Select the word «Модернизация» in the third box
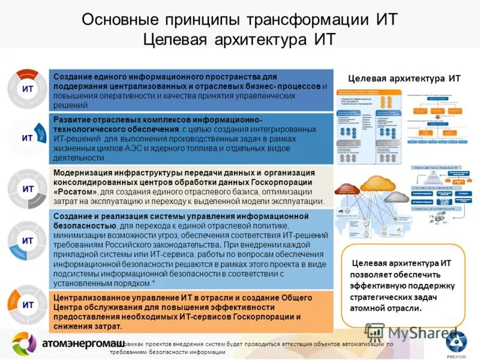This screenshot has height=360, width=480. pyautogui.click(x=81, y=173)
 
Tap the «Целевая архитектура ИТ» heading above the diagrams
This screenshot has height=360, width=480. pyautogui.click(x=404, y=79)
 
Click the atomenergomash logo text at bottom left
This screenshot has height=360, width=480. pyautogui.click(x=83, y=344)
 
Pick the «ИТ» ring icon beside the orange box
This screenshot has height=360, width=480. pyautogui.click(x=27, y=305)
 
